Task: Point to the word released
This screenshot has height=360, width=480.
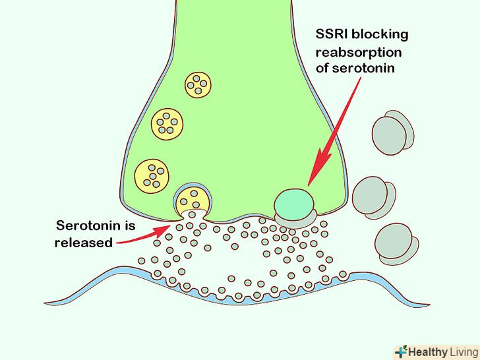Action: click(84, 242)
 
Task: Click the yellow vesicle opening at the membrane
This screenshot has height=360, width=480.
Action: click(193, 200)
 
